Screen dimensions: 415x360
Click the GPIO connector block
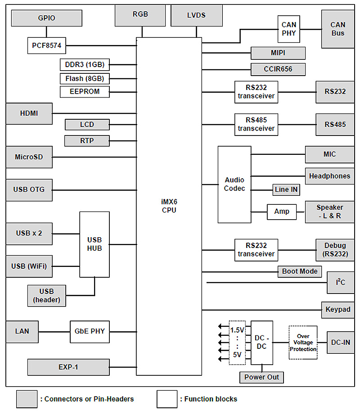pos(46,18)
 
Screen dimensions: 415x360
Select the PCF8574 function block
pos(46,45)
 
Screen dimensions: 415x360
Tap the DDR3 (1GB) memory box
pos(85,64)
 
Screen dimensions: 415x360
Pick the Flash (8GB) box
pos(85,78)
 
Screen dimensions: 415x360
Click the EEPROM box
pos(85,92)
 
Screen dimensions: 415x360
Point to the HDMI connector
pos(29,113)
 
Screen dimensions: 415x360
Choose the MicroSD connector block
pos(29,157)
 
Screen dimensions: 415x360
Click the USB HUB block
pos(94,244)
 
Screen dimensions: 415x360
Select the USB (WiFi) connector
pos(29,266)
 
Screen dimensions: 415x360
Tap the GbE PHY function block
pos(90,331)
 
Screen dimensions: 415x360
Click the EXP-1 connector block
pos(68,367)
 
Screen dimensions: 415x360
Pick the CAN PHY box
pos(288,29)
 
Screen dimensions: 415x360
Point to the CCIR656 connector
pos(278,69)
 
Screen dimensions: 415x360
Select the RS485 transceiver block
pos(256,124)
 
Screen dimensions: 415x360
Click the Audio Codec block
pos(234,184)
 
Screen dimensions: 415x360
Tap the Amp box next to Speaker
pos(282,212)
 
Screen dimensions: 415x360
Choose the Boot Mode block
pos(299,271)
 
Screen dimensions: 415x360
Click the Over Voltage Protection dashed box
pos(303,343)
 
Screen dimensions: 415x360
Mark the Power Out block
pos(261,377)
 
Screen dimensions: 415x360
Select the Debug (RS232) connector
pos(335,250)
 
